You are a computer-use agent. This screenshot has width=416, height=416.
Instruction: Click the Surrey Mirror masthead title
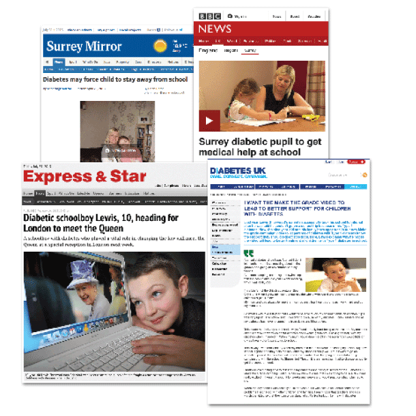point(84,46)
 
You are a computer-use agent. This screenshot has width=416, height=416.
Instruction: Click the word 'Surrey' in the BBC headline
point(218,143)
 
